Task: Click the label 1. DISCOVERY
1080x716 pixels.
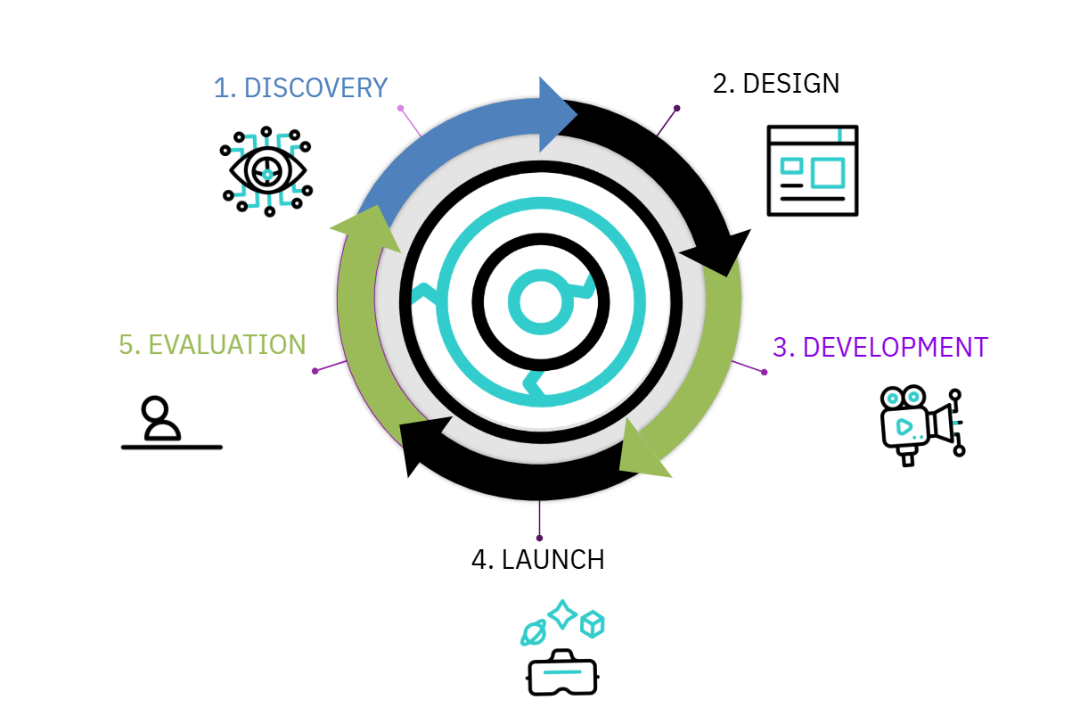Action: coord(300,87)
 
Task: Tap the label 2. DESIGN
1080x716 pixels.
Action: coord(775,83)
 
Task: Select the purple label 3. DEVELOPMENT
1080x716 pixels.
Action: coord(880,347)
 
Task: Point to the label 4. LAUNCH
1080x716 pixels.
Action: coord(537,560)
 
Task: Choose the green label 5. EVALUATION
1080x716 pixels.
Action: coord(212,344)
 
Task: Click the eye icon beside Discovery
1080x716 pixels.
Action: coord(266,170)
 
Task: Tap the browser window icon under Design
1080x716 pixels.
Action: coord(812,170)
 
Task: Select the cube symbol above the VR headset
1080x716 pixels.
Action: coord(592,624)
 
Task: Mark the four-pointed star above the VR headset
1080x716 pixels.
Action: coord(562,613)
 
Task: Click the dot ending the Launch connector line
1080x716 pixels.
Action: coord(539,538)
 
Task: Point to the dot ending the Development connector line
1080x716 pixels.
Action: coord(764,372)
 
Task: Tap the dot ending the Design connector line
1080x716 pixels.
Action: coord(677,109)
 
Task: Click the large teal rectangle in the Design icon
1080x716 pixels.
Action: coord(827,172)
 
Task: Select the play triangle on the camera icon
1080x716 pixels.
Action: coord(904,427)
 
